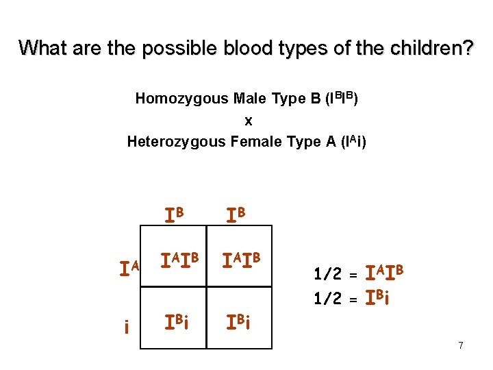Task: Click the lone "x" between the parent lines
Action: click(249, 121)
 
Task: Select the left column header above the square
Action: click(174, 214)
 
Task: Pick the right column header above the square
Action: click(237, 214)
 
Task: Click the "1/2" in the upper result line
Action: click(327, 275)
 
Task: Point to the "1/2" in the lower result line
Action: click(327, 299)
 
